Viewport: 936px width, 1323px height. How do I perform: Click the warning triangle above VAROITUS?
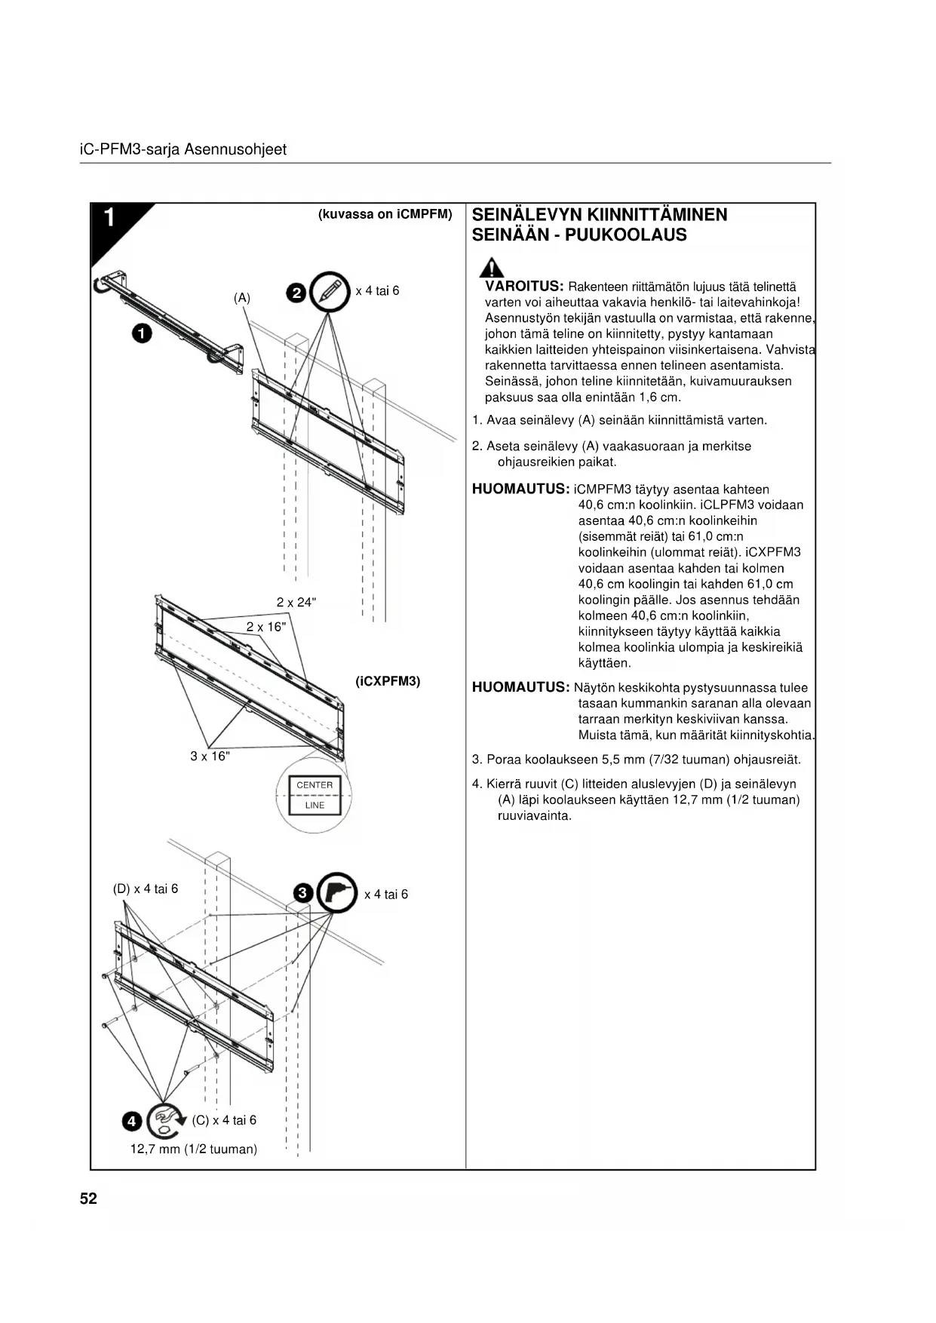point(493,268)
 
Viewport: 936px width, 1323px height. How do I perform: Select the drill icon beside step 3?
point(337,893)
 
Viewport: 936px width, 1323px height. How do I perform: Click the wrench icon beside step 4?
point(164,1120)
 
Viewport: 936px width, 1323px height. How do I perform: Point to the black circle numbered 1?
point(141,333)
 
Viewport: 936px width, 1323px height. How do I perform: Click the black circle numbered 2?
point(297,293)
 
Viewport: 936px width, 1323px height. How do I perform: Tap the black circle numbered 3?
point(302,894)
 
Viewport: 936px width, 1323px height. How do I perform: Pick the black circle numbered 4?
point(131,1122)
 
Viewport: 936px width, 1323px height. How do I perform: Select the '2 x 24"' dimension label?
point(296,602)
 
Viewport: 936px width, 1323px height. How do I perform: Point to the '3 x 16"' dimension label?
point(210,756)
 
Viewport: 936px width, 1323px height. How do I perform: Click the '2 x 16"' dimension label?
point(265,627)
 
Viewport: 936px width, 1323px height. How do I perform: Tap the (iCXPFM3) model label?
point(388,681)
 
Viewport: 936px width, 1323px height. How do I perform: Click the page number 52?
point(88,1199)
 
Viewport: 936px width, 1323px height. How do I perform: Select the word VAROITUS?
point(524,287)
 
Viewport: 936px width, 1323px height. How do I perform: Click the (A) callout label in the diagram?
point(241,298)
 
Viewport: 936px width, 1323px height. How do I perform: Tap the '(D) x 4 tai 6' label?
point(146,889)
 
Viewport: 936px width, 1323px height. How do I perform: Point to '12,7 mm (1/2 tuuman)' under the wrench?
point(194,1150)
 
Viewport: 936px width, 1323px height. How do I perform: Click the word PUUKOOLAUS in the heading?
point(625,235)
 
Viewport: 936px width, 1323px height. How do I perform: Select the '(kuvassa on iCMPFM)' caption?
point(385,214)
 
